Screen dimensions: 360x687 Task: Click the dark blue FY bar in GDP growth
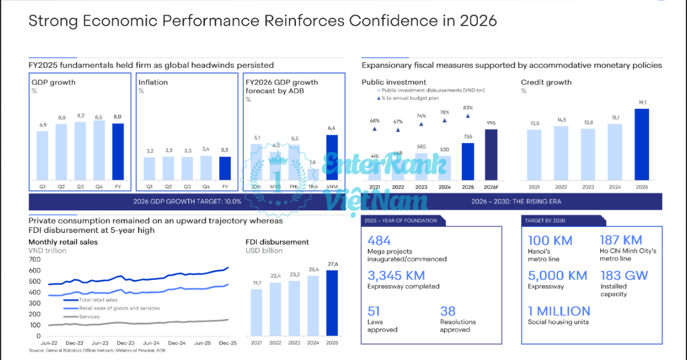118,152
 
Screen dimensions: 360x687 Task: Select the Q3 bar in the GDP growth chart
80,151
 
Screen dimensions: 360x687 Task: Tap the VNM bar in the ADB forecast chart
332,157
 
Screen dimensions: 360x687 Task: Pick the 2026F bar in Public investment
491,154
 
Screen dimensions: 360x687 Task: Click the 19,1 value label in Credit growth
642,102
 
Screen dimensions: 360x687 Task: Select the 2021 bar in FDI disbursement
256,312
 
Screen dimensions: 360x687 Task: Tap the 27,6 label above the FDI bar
333,264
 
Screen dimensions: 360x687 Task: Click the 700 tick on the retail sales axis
35,260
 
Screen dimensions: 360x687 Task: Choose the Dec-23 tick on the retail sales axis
125,343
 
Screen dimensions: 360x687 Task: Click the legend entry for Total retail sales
99,300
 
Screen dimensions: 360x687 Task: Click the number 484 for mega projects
379,241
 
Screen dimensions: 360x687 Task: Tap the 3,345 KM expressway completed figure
396,276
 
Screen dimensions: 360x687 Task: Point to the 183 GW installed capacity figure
623,276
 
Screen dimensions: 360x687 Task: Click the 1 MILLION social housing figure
559,311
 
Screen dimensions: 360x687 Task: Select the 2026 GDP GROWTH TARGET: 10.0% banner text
187,201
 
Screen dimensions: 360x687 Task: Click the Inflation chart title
153,82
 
